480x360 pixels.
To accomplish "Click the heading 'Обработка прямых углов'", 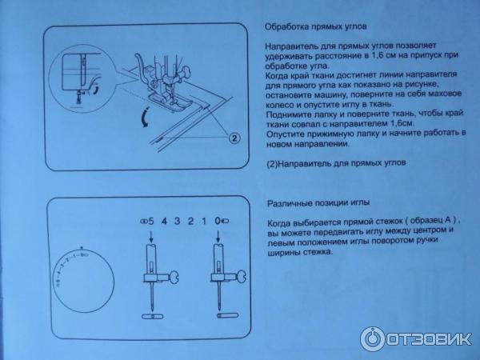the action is pos(316,26).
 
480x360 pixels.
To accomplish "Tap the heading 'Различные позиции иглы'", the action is pos(318,203).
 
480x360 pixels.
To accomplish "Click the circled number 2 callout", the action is pos(234,138).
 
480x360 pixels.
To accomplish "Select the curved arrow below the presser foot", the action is pos(145,117).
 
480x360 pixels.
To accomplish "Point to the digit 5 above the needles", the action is pos(151,221).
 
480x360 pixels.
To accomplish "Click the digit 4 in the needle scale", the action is pos(164,221).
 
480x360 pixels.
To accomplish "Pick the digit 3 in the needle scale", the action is pos(178,221).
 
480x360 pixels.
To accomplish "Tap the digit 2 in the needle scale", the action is pos(190,221).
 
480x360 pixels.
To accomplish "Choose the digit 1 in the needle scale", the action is pos(204,221).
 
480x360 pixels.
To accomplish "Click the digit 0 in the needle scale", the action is pos(218,221).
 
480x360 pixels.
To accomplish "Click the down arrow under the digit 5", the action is pos(151,236).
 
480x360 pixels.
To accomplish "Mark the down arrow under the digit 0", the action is pos(218,236).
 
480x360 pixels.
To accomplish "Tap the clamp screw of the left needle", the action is pos(170,278).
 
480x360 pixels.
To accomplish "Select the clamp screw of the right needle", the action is pos(238,278).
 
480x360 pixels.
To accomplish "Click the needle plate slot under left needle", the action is pos(153,316).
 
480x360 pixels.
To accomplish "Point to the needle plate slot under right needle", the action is pos(227,315).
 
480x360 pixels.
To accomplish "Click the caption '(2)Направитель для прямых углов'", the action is pos(337,163).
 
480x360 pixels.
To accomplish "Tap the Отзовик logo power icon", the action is pos(372,338).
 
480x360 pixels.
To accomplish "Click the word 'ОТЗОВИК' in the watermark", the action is pos(429,339).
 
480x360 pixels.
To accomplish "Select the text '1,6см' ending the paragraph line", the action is pos(402,124).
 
